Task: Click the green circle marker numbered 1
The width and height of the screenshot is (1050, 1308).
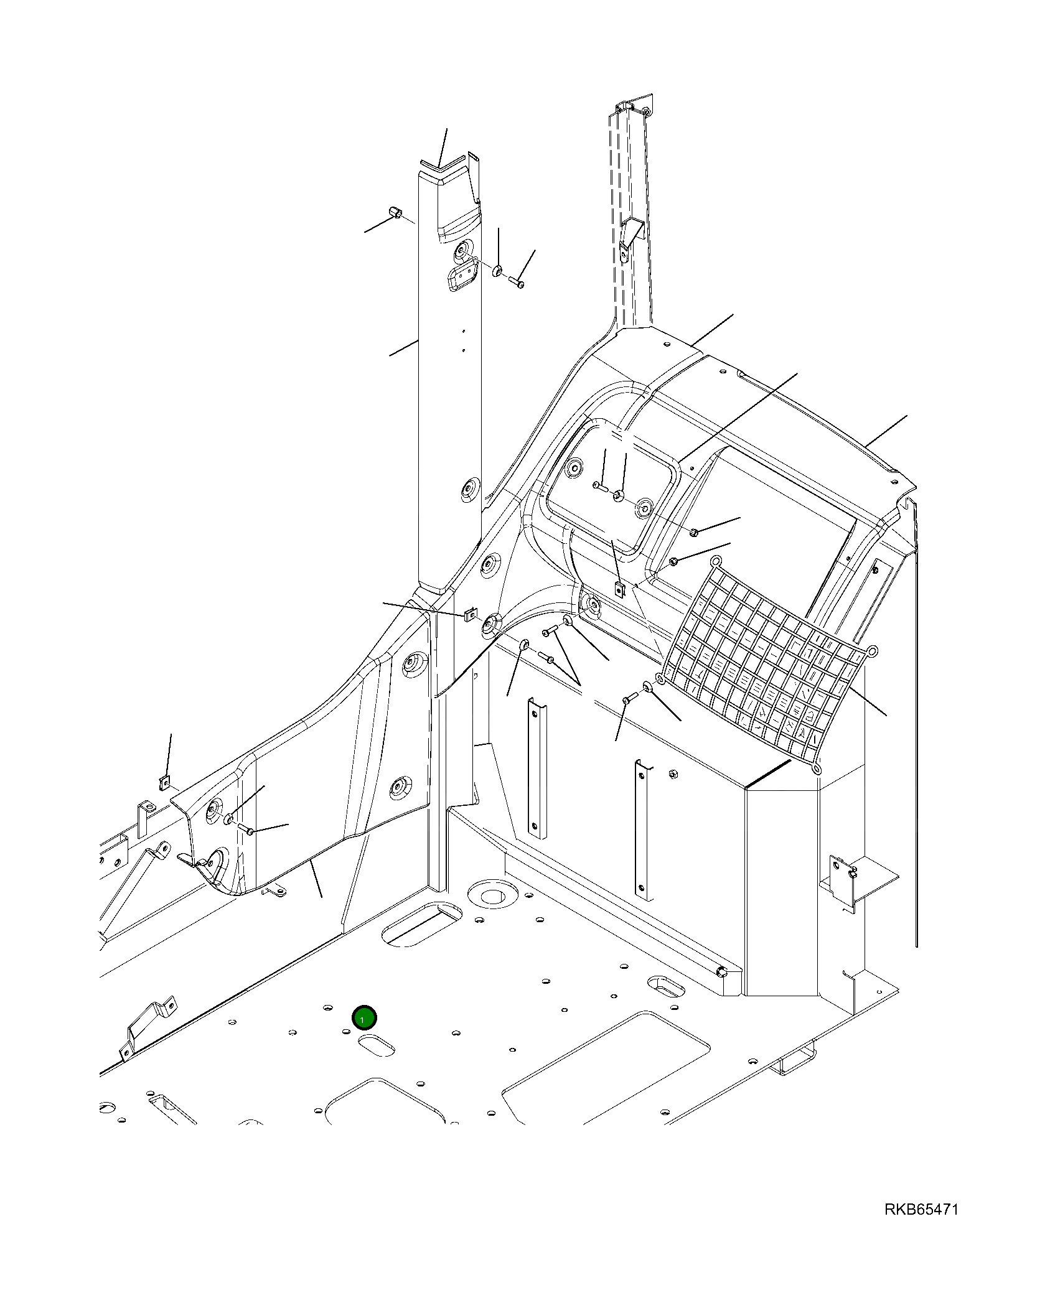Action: click(364, 1018)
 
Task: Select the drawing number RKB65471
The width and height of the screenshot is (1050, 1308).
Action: click(921, 1209)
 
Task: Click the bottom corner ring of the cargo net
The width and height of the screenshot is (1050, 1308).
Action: click(817, 770)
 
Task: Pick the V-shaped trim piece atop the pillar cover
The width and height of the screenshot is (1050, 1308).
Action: click(443, 164)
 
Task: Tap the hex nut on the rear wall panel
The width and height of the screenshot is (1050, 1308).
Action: click(673, 774)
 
